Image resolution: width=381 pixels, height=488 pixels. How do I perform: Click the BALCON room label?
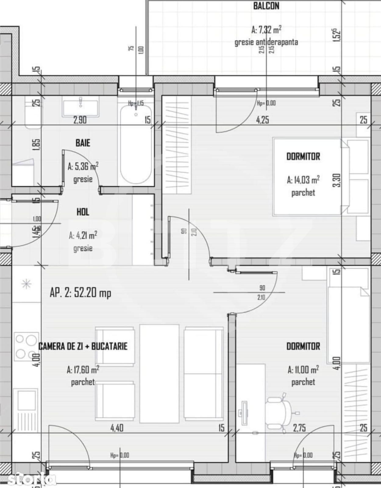coord(266,6)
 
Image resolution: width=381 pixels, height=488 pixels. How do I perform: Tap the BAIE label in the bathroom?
coord(83,143)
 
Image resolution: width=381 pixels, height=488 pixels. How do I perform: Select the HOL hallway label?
coord(83,212)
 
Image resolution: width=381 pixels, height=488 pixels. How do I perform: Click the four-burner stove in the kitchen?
coord(26,346)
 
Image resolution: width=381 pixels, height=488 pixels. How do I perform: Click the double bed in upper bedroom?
coord(307,177)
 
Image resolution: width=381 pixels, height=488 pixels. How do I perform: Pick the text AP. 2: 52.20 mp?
coord(80,293)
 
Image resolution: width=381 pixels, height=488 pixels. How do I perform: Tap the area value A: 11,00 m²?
coord(303,370)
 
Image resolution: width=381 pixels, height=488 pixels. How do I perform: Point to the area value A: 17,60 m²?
coord(83,370)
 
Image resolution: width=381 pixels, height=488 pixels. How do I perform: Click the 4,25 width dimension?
coord(262,120)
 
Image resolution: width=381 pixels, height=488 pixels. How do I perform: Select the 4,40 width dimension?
coord(117,428)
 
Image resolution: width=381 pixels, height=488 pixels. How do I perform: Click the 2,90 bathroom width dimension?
coord(80,120)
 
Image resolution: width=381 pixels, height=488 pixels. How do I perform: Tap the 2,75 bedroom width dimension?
coord(299,428)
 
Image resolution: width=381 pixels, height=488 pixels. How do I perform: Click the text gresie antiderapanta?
coord(266,42)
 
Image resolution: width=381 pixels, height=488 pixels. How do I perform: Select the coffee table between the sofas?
coord(159,374)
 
